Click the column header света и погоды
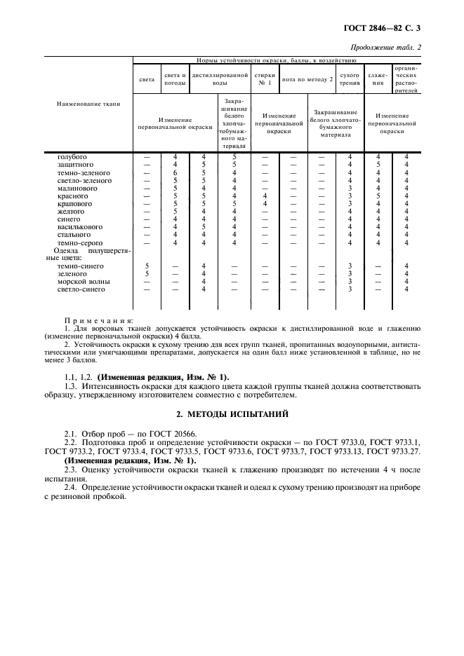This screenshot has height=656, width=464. [175, 79]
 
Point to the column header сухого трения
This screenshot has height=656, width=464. [350, 79]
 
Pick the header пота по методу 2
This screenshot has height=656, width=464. [307, 79]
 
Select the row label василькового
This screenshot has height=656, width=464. [80, 227]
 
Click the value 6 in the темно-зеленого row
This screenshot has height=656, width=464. [175, 172]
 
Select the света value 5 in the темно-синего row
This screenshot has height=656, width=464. [147, 266]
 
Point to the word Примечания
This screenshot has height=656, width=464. [93, 319]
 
